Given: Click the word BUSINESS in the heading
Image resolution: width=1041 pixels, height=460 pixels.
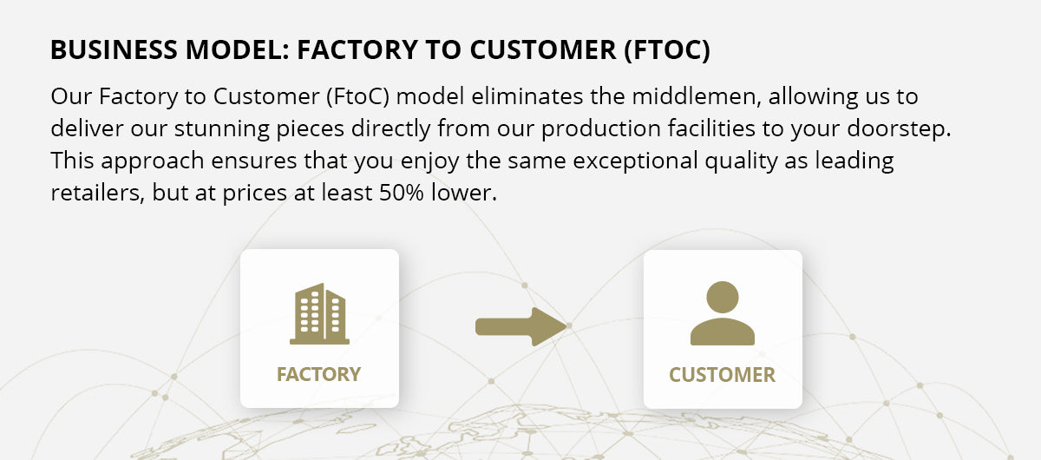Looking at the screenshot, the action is click(114, 49).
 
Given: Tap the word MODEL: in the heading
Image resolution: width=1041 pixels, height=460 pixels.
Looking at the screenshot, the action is click(238, 49).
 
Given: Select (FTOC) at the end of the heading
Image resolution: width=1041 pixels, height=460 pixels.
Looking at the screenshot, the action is click(667, 50).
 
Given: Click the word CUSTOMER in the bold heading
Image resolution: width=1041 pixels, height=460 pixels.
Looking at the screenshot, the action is click(543, 49).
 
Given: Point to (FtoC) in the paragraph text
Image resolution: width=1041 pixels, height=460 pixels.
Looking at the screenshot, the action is click(357, 96).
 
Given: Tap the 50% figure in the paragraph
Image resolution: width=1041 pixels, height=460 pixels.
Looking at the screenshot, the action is click(402, 193).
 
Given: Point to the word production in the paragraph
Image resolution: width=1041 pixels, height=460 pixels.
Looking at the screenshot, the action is click(601, 128).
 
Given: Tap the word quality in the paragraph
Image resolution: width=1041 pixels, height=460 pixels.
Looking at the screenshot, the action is click(741, 161).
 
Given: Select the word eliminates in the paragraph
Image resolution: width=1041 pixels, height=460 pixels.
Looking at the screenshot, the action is click(527, 96).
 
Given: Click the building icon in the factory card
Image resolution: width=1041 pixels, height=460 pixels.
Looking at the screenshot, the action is click(319, 314).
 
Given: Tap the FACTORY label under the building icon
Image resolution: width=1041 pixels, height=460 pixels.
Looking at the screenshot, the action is click(319, 374).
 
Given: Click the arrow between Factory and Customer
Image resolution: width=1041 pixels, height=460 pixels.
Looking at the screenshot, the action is click(521, 326).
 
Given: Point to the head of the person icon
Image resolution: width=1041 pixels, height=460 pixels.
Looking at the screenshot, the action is click(722, 297).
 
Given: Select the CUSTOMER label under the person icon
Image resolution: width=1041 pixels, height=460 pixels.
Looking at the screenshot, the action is click(722, 375).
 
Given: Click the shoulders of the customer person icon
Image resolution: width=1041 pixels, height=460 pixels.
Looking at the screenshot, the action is click(722, 332).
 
